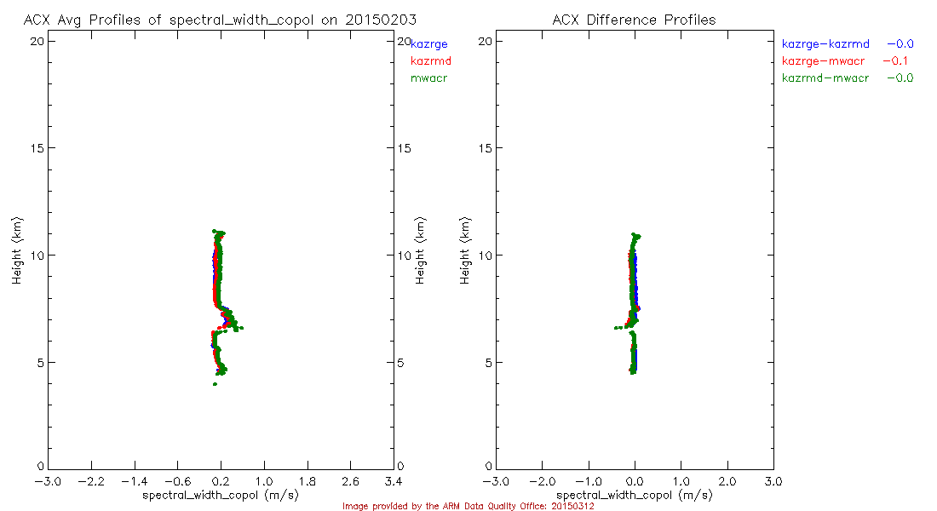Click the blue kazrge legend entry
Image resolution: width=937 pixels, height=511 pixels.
[428, 43]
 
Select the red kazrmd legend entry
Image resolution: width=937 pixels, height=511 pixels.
[430, 60]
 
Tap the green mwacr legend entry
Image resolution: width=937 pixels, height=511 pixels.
[428, 78]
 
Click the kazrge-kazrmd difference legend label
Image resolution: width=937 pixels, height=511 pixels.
[825, 43]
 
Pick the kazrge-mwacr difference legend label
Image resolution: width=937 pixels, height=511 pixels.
[825, 60]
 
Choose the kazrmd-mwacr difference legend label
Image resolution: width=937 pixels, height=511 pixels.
[825, 78]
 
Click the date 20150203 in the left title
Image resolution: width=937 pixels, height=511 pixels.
[381, 20]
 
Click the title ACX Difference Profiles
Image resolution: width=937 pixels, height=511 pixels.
[634, 20]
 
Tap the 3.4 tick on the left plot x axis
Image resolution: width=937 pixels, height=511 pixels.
[394, 481]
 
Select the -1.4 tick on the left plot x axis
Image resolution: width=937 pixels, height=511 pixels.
[134, 481]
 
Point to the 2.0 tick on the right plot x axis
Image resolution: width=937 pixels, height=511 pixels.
[727, 481]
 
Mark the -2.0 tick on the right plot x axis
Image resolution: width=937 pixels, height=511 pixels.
[542, 481]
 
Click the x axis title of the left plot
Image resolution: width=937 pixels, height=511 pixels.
[221, 495]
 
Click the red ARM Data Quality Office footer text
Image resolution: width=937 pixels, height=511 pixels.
[468, 506]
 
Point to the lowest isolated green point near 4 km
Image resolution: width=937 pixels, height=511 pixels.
[215, 384]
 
